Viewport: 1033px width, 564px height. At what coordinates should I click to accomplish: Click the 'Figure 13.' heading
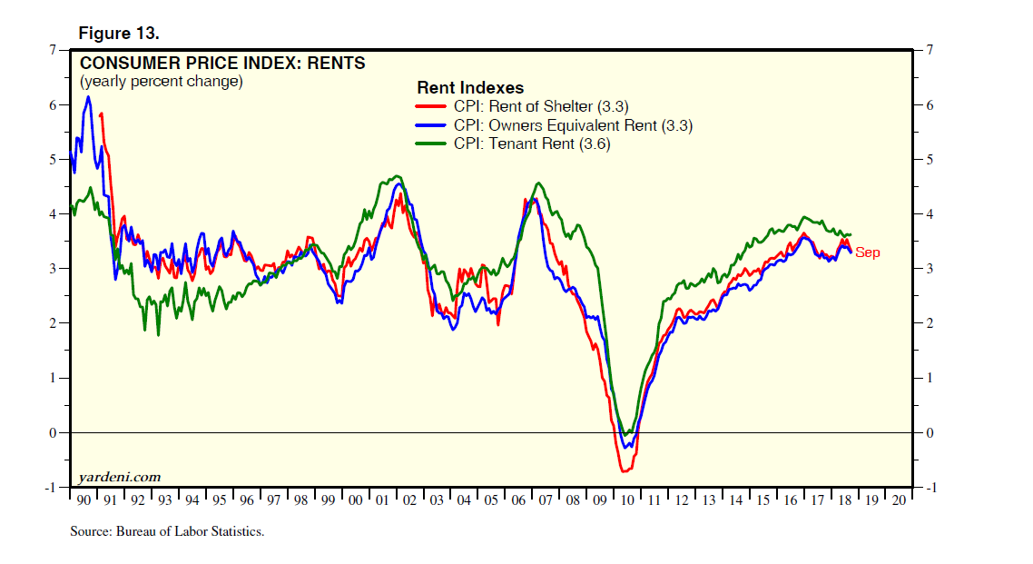(x=119, y=34)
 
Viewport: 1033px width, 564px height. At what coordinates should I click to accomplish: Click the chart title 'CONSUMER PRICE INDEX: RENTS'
(x=222, y=64)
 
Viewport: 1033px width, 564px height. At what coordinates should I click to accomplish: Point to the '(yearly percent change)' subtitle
(x=162, y=82)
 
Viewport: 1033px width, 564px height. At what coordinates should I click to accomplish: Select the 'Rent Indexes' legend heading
(x=470, y=88)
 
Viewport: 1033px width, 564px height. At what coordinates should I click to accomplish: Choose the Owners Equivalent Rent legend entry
(x=573, y=125)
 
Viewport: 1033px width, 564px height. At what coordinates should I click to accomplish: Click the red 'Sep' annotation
(x=867, y=253)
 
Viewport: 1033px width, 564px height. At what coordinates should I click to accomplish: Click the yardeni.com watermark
(x=120, y=476)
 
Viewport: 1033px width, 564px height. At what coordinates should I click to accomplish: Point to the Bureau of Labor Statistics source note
(x=167, y=530)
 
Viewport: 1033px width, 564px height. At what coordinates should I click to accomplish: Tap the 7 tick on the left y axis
(x=53, y=50)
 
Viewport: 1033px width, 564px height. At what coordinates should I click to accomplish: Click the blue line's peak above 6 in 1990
(x=88, y=97)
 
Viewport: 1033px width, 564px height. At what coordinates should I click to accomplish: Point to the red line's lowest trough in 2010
(x=625, y=470)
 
